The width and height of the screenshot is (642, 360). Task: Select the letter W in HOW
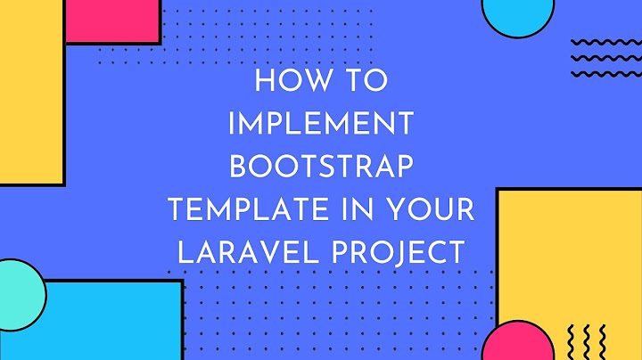[308, 82]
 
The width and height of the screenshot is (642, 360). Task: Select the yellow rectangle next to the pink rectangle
[31, 98]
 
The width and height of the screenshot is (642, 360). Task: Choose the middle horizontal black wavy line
[604, 58]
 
